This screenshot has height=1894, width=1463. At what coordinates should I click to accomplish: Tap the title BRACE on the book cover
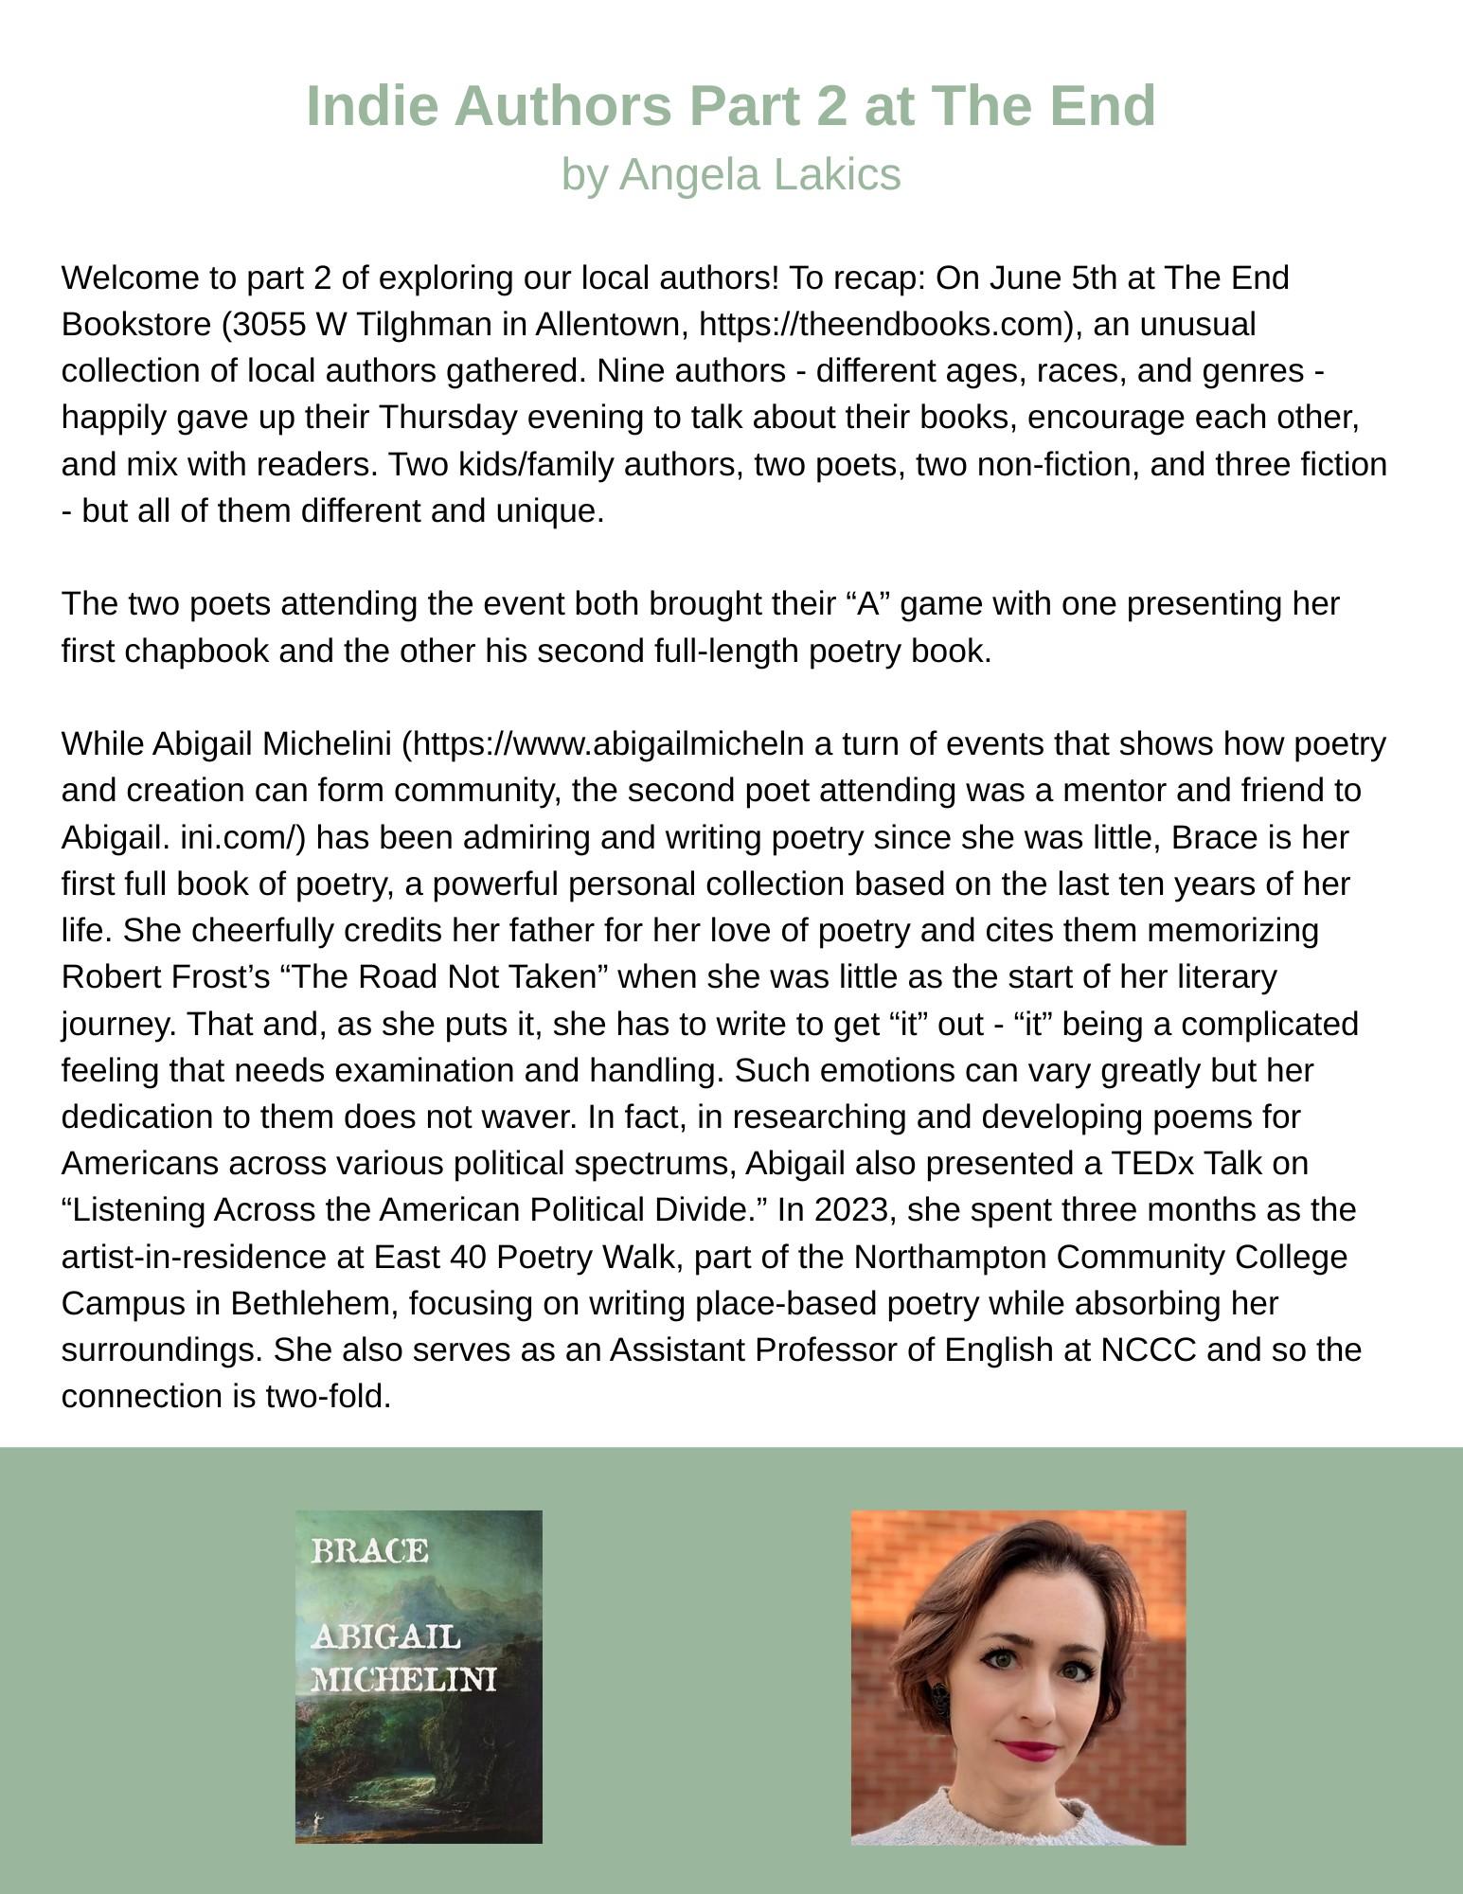click(369, 1550)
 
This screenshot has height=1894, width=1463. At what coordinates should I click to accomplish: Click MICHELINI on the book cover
click(403, 1679)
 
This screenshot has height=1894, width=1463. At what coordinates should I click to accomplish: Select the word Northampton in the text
click(950, 1257)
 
